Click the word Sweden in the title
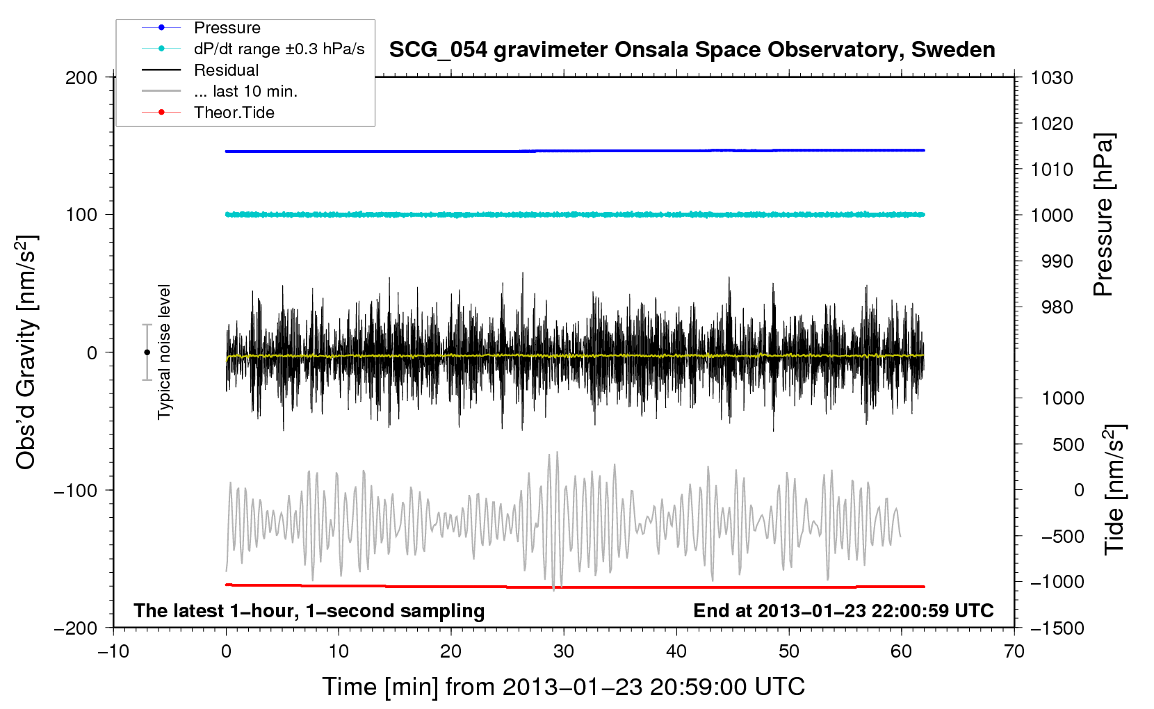pos(953,50)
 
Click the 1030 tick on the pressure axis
pos(1052,78)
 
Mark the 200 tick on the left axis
pos(81,78)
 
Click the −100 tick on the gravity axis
pos(76,490)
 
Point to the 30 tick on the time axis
pos(564,652)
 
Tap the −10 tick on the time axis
pos(113,652)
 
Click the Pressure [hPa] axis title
pos(1103,215)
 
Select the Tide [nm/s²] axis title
pos(1115,489)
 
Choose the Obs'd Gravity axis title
pos(26,352)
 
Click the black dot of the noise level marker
pos(147,352)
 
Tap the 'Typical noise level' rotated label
pos(164,352)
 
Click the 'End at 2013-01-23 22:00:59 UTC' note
pos(843,610)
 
